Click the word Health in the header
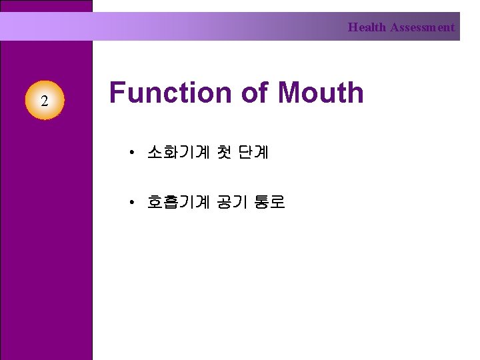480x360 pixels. (x=367, y=27)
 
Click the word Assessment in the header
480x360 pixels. (x=422, y=27)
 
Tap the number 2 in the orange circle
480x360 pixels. (x=44, y=101)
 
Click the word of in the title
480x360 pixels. (x=254, y=92)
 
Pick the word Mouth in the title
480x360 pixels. (x=321, y=92)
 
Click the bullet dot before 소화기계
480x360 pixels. (x=133, y=153)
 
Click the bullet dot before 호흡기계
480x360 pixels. (x=133, y=202)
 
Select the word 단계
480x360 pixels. (x=254, y=153)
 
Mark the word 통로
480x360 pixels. (x=269, y=201)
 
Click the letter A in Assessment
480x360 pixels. (x=395, y=27)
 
